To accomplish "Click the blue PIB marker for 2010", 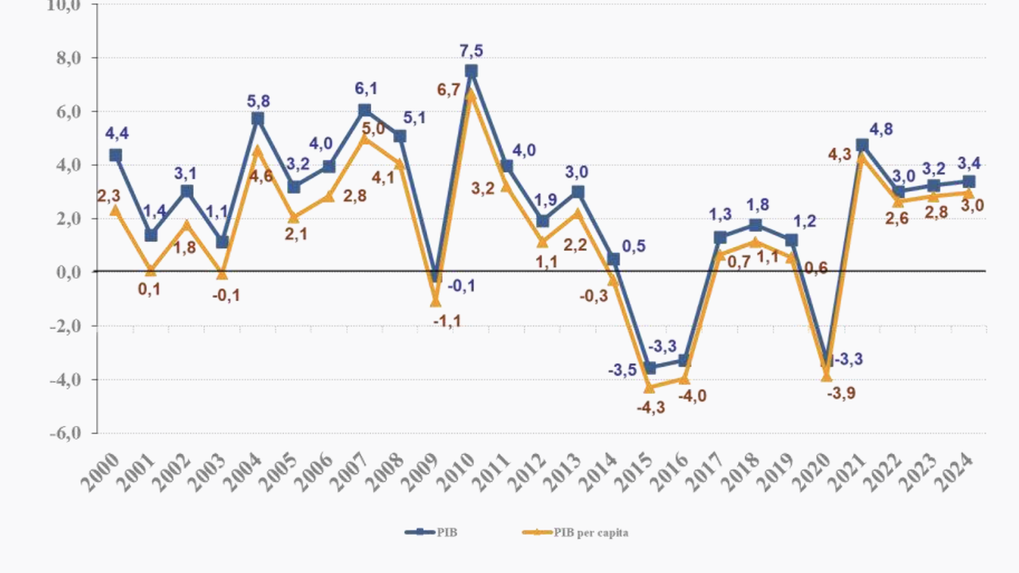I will click(x=471, y=72).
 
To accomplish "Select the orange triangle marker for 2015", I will click(x=649, y=388).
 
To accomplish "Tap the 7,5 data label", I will click(x=471, y=51).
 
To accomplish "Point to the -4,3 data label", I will click(x=650, y=408).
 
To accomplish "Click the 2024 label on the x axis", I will click(x=956, y=472).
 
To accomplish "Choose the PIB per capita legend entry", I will click(x=590, y=532).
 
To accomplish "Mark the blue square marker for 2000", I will click(x=115, y=155).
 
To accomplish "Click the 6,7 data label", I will click(x=449, y=90).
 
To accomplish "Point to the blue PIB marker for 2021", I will click(x=862, y=145).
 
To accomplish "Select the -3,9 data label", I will click(x=841, y=393).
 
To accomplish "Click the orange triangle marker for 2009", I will click(x=435, y=302).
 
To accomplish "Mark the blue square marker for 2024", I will click(x=969, y=181).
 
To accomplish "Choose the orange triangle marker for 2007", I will click(x=365, y=138).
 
